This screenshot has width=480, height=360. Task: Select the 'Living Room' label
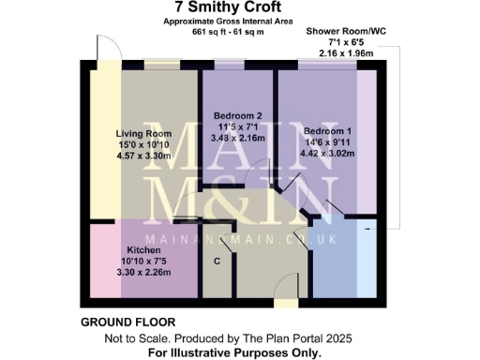(x=141, y=134)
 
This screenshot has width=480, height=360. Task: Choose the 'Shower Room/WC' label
(x=346, y=31)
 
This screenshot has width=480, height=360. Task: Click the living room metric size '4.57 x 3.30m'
(x=141, y=157)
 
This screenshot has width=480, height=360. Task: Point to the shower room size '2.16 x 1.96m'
(x=346, y=53)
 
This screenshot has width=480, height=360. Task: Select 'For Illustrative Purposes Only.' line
(x=234, y=352)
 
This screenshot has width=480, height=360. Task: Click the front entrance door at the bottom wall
(x=282, y=303)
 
